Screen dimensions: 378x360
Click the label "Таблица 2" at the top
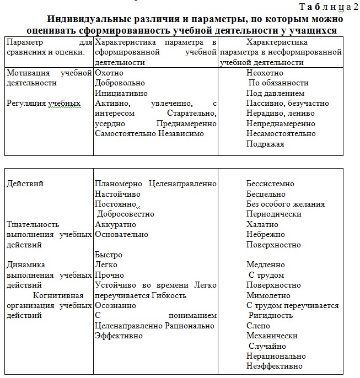329,7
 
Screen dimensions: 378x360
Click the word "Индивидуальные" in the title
91,18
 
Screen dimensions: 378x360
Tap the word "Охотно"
109,72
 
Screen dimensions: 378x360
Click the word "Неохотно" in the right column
265,72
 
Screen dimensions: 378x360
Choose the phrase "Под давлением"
275,93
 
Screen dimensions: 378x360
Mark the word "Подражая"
265,144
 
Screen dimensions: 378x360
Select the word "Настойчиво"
117,194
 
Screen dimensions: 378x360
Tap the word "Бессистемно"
270,183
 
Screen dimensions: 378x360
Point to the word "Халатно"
262,224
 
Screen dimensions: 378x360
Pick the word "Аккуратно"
115,224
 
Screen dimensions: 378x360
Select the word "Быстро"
109,255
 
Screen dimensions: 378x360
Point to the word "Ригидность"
271,315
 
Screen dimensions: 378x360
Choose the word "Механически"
272,336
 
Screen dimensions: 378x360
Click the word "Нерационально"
276,356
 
